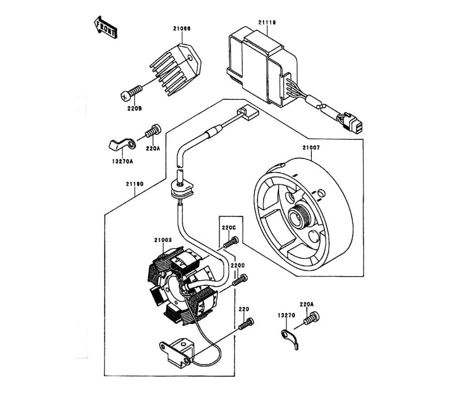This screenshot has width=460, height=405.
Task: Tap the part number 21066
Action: click(x=182, y=29)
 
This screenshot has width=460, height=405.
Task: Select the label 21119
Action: click(x=267, y=22)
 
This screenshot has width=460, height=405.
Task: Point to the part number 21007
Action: click(x=311, y=148)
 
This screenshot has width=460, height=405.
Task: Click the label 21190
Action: click(x=135, y=184)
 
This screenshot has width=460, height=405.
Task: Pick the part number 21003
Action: click(x=163, y=240)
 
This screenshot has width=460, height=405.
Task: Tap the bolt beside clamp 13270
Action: click(x=312, y=318)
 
